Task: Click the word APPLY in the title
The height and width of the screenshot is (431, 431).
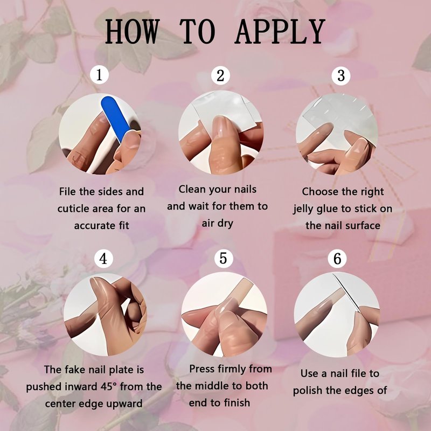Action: tap(280, 32)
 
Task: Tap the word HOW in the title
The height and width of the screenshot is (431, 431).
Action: tap(132, 32)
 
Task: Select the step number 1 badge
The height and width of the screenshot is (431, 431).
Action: tap(99, 74)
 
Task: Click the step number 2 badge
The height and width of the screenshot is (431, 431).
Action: tap(220, 75)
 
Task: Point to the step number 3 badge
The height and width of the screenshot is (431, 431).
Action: tap(341, 75)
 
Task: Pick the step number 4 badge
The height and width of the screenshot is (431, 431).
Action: tap(103, 259)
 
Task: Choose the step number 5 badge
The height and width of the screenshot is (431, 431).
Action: tap(223, 258)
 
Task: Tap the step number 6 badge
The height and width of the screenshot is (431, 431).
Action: tap(337, 259)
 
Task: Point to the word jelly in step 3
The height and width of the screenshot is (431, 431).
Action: tap(303, 209)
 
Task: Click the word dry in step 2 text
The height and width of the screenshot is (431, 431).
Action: tap(225, 224)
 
